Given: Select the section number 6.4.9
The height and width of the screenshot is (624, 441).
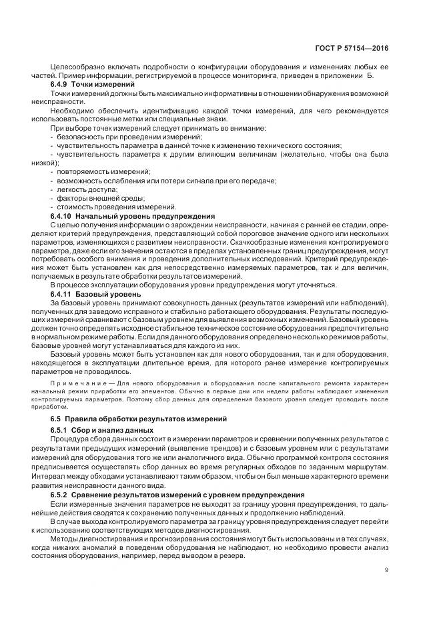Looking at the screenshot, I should (x=61, y=86).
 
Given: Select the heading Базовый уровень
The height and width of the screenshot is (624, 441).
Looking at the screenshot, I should (x=108, y=294).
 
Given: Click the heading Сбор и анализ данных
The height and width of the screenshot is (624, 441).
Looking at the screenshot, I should (x=103, y=430).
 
